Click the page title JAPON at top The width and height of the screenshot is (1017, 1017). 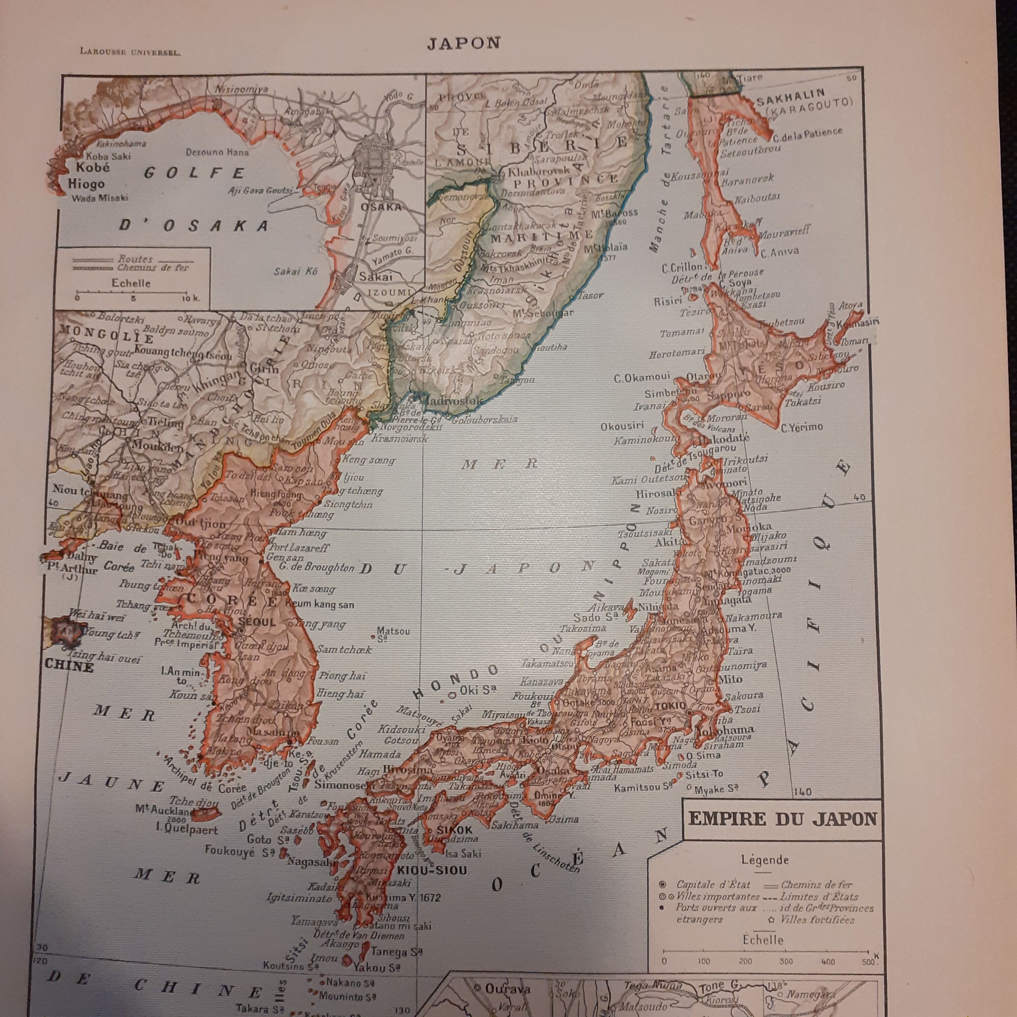(x=463, y=43)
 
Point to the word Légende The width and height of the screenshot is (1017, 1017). (x=765, y=860)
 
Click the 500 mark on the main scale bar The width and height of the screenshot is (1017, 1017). (x=867, y=962)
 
